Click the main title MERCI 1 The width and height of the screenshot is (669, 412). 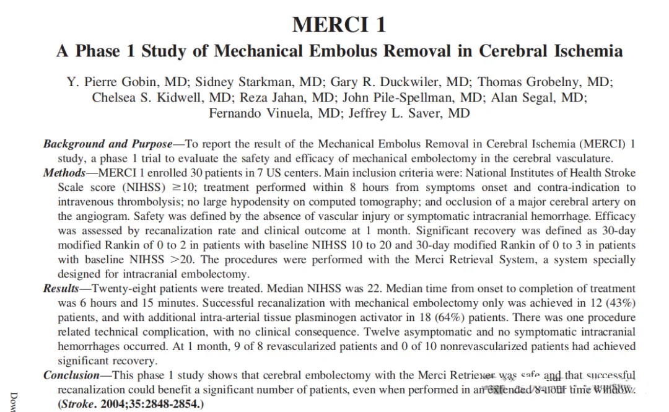click(x=339, y=24)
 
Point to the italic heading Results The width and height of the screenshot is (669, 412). click(x=61, y=288)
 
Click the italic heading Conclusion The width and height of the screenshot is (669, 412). click(x=71, y=375)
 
